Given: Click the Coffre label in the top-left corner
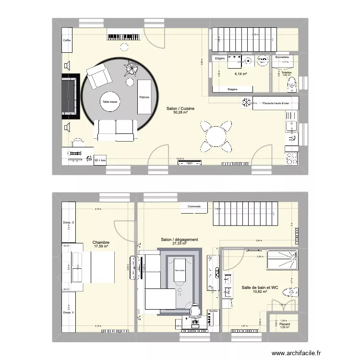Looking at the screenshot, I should [x=67, y=40].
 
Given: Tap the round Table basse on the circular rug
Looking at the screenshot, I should [x=110, y=102].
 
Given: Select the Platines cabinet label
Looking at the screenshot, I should [x=144, y=97].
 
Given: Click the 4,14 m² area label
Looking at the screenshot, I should [x=240, y=74].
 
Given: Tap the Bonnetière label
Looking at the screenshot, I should [x=282, y=57].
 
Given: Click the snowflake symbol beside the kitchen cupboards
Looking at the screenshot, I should [x=246, y=103].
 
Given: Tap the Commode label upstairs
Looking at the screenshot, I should [x=194, y=207].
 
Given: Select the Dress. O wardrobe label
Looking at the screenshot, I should [x=69, y=223].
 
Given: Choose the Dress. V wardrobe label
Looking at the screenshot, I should [x=69, y=313].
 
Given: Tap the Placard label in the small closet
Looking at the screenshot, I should [x=284, y=325].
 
